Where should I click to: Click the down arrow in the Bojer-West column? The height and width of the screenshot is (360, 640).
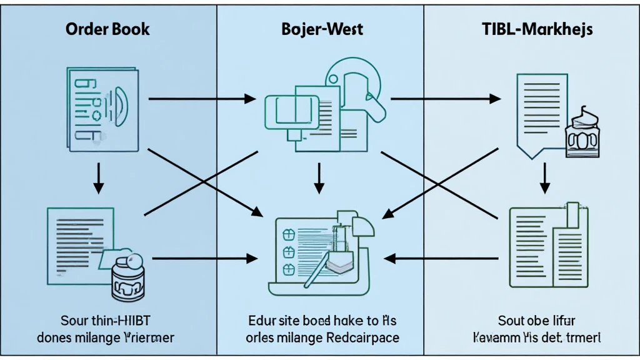[x=319, y=178]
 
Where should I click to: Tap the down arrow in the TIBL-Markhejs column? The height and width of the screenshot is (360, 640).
[x=545, y=178]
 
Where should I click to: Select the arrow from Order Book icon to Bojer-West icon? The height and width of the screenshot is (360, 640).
[x=202, y=99]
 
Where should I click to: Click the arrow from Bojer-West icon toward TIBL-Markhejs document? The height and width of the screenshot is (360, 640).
[x=444, y=99]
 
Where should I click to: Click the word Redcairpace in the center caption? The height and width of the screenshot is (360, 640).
[x=363, y=337]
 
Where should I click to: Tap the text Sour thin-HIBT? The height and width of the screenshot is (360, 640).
[x=105, y=321]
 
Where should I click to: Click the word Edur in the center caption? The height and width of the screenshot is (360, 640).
[x=257, y=321]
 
